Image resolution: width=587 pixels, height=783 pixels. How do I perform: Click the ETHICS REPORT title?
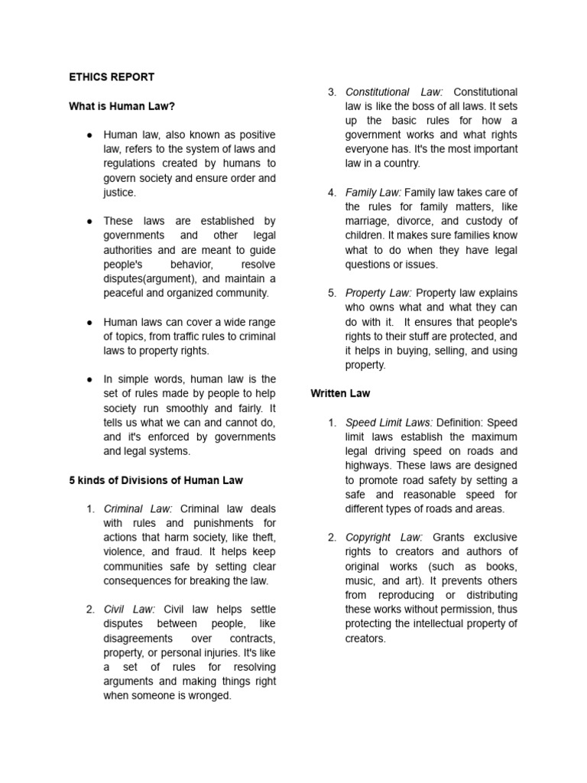112,77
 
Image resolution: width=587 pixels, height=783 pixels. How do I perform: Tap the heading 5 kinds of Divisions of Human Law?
156,480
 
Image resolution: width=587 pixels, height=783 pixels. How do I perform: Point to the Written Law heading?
340,393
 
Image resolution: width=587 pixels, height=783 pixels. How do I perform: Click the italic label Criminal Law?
138,509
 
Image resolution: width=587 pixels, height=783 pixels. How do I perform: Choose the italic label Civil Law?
129,609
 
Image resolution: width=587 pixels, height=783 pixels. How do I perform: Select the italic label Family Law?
373,193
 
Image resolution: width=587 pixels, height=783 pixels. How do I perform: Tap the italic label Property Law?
378,293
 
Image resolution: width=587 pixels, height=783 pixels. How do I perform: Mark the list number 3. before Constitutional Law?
332,93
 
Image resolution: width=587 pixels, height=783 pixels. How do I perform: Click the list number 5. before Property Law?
332,293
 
